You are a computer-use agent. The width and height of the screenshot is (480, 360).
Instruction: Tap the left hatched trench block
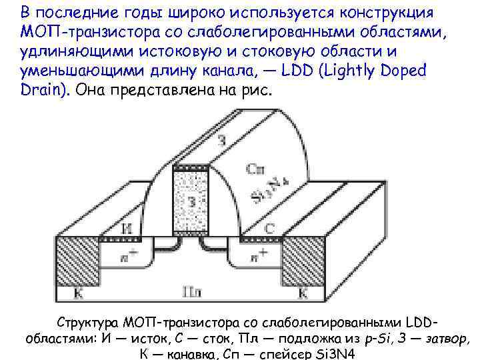click(x=76, y=263)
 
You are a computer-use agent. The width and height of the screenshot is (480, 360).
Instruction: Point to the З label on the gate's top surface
click(x=221, y=139)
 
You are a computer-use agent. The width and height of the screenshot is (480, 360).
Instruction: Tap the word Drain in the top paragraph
click(x=39, y=90)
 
